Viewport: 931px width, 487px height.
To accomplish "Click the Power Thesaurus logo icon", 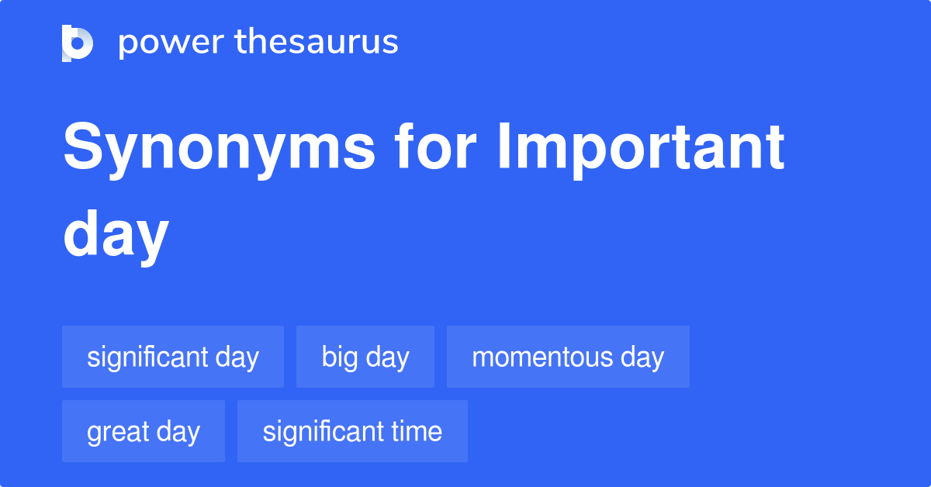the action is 78,43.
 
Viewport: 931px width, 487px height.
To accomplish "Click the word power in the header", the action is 171,43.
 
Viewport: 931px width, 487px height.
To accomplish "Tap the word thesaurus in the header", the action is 317,41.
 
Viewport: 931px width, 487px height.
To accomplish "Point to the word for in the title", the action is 435,146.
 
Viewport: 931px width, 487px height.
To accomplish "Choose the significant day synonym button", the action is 173,357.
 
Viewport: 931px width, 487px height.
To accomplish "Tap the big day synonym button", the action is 365,357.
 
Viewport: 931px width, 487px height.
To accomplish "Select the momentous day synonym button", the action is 568,357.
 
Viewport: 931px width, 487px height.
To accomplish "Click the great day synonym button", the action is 144,431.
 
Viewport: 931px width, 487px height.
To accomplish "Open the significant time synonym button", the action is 352,431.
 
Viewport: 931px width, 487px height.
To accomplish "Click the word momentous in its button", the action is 542,357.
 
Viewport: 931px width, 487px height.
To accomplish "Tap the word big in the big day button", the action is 340,357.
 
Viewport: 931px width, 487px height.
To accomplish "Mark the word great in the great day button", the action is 118,433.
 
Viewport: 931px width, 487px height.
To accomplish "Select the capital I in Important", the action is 504,146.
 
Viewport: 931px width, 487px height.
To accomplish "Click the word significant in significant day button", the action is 147,357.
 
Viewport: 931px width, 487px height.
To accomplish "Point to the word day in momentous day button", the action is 642,357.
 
